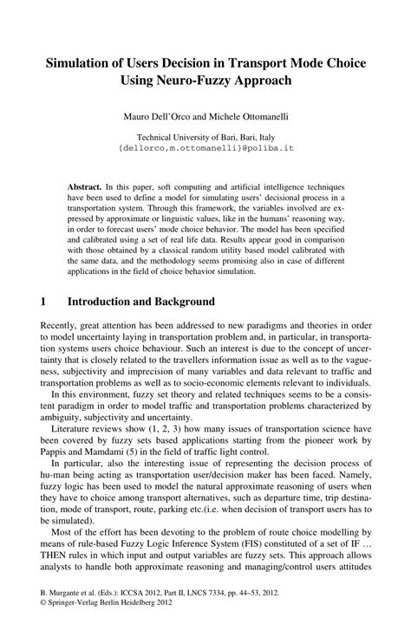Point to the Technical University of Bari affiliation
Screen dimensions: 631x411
point(205,136)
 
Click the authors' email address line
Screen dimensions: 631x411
point(205,147)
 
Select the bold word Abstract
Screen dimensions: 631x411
point(84,187)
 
